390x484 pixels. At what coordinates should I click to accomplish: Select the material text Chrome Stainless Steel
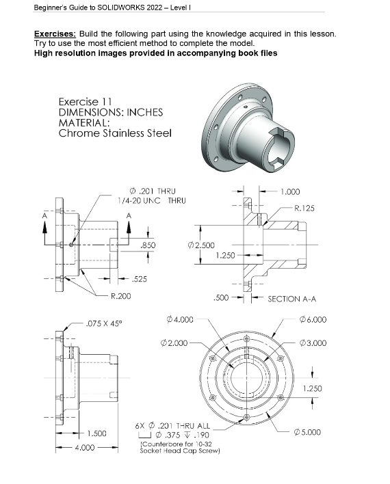115,133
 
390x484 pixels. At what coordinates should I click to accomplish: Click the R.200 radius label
121,296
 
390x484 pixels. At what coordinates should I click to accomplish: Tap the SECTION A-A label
292,299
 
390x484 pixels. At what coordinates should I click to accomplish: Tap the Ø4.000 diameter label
180,319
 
